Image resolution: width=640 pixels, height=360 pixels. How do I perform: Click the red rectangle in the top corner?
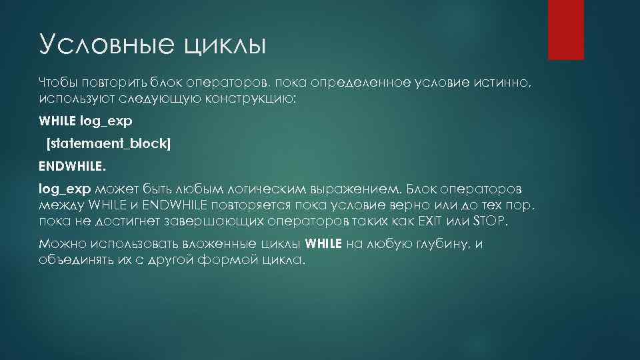click(565, 30)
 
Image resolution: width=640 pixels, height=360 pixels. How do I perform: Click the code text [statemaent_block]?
click(108, 143)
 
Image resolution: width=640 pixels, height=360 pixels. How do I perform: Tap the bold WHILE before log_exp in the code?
click(58, 121)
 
